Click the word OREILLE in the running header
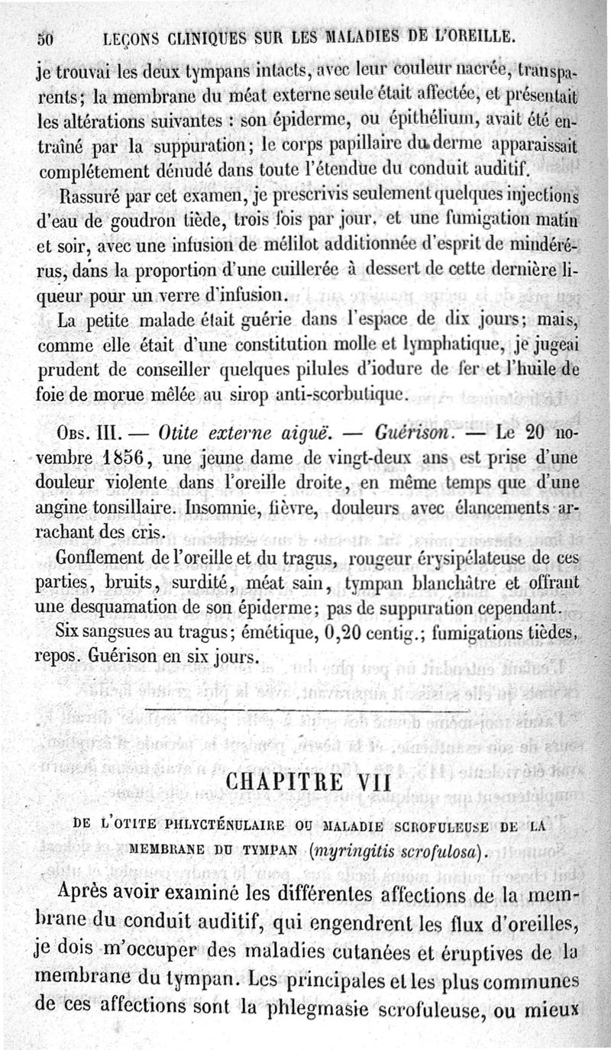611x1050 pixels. point(476,37)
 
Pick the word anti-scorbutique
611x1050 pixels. point(345,396)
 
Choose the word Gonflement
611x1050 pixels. point(95,560)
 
